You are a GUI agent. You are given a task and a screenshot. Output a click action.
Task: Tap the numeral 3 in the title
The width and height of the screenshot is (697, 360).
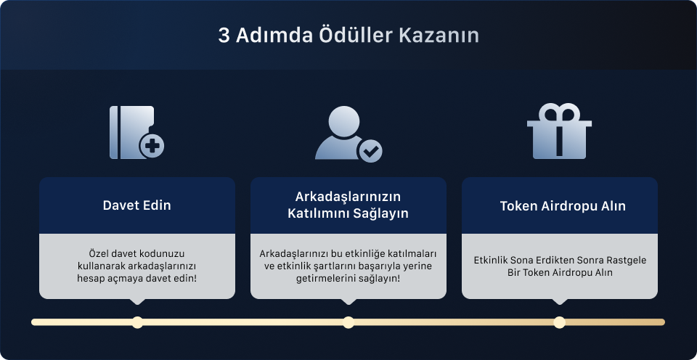[224, 36]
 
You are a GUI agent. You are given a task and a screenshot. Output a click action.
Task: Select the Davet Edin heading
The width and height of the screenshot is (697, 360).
[137, 205]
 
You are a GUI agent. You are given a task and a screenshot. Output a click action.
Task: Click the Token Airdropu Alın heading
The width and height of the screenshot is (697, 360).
[563, 205]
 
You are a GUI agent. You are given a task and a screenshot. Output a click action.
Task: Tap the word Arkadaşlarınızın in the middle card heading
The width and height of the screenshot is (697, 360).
[348, 197]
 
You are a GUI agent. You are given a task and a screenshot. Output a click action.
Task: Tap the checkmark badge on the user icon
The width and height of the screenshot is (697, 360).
[370, 151]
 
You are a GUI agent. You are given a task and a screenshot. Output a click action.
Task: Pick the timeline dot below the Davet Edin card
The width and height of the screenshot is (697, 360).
[137, 322]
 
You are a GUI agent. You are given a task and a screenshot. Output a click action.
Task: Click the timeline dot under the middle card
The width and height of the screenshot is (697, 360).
[348, 322]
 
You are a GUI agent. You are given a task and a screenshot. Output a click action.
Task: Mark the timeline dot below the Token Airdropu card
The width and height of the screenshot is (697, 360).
[559, 322]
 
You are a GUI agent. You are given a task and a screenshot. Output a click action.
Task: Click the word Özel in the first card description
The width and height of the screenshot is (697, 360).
[97, 254]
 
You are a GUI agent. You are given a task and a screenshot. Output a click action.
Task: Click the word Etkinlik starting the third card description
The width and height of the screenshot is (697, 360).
[493, 260]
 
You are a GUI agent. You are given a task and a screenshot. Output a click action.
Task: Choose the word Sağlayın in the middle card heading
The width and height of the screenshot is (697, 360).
[381, 213]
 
